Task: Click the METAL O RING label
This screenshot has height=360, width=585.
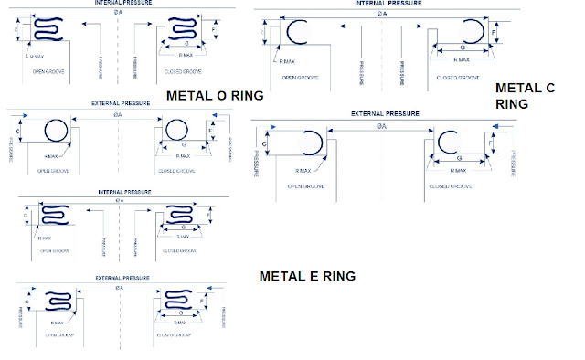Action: coord(215,95)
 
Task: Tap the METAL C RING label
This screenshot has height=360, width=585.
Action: coord(526,96)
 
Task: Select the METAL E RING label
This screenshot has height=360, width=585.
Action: coord(307,276)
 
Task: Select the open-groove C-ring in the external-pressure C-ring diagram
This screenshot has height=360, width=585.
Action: coord(311,144)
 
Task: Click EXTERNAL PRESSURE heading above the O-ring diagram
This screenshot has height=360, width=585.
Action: coord(118,104)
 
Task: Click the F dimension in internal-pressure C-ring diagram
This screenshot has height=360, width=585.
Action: coord(495,32)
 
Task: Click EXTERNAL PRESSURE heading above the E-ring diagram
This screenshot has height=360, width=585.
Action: coord(118,276)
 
